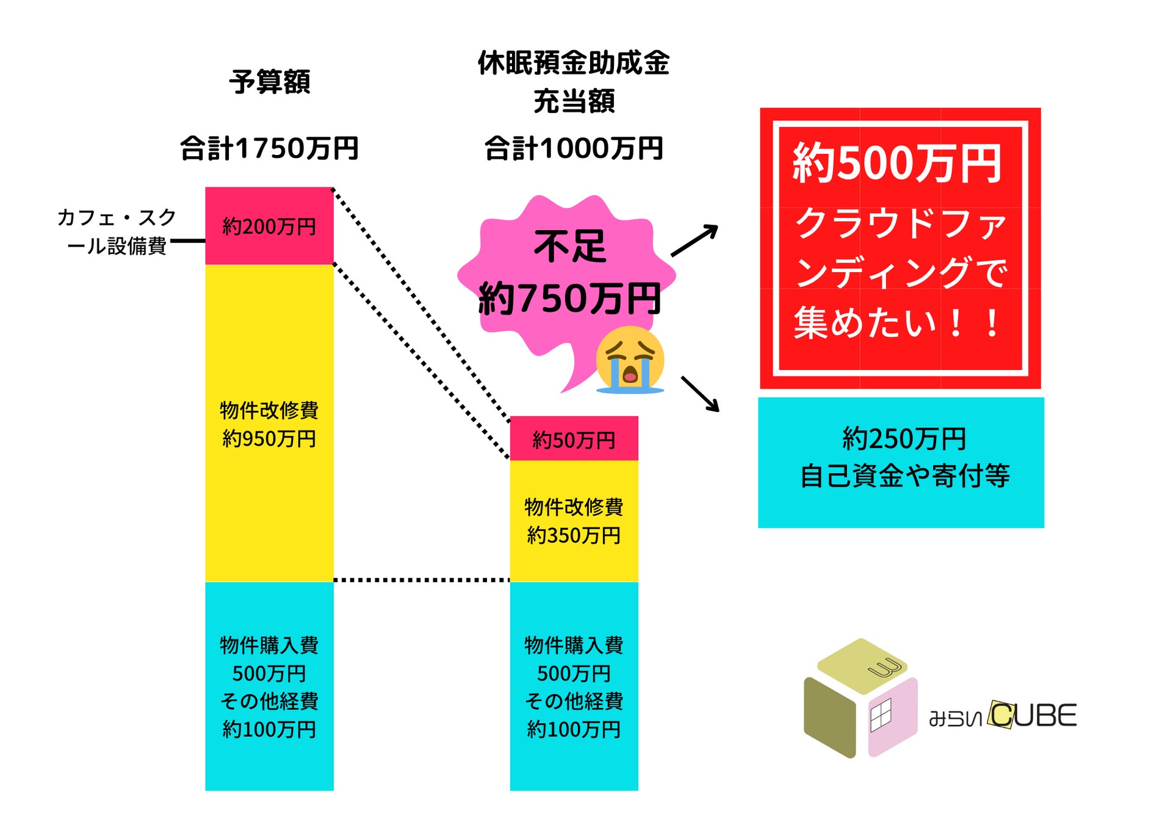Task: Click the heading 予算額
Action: tap(269, 82)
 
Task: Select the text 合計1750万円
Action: tap(269, 148)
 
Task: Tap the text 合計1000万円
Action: tap(574, 148)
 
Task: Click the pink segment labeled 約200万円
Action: tap(269, 226)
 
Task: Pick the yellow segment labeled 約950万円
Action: tap(269, 424)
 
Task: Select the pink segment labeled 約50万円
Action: tap(574, 439)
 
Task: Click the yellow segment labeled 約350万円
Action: tap(574, 521)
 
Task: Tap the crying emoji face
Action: tap(629, 360)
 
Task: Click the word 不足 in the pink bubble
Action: tap(570, 247)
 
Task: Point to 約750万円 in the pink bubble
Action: tap(570, 298)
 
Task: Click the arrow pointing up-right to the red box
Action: tap(694, 240)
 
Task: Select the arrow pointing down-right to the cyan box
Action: tap(700, 394)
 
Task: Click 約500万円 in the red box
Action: tap(897, 163)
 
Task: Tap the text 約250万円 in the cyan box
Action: tap(904, 439)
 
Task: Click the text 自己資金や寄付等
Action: tap(904, 475)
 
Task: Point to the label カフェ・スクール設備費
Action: tap(116, 231)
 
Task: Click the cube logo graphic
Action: tap(860, 698)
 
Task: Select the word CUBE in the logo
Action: tap(1033, 715)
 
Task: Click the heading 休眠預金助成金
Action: tap(574, 63)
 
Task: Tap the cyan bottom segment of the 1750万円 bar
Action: tap(269, 686)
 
